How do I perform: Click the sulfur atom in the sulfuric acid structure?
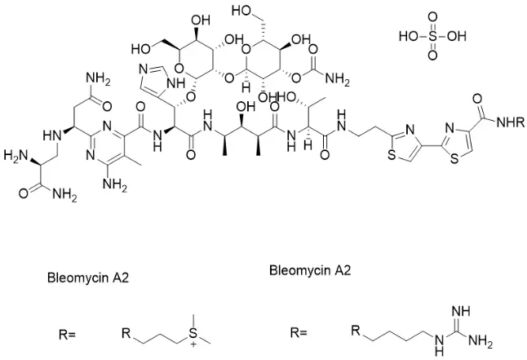click(x=432, y=37)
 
